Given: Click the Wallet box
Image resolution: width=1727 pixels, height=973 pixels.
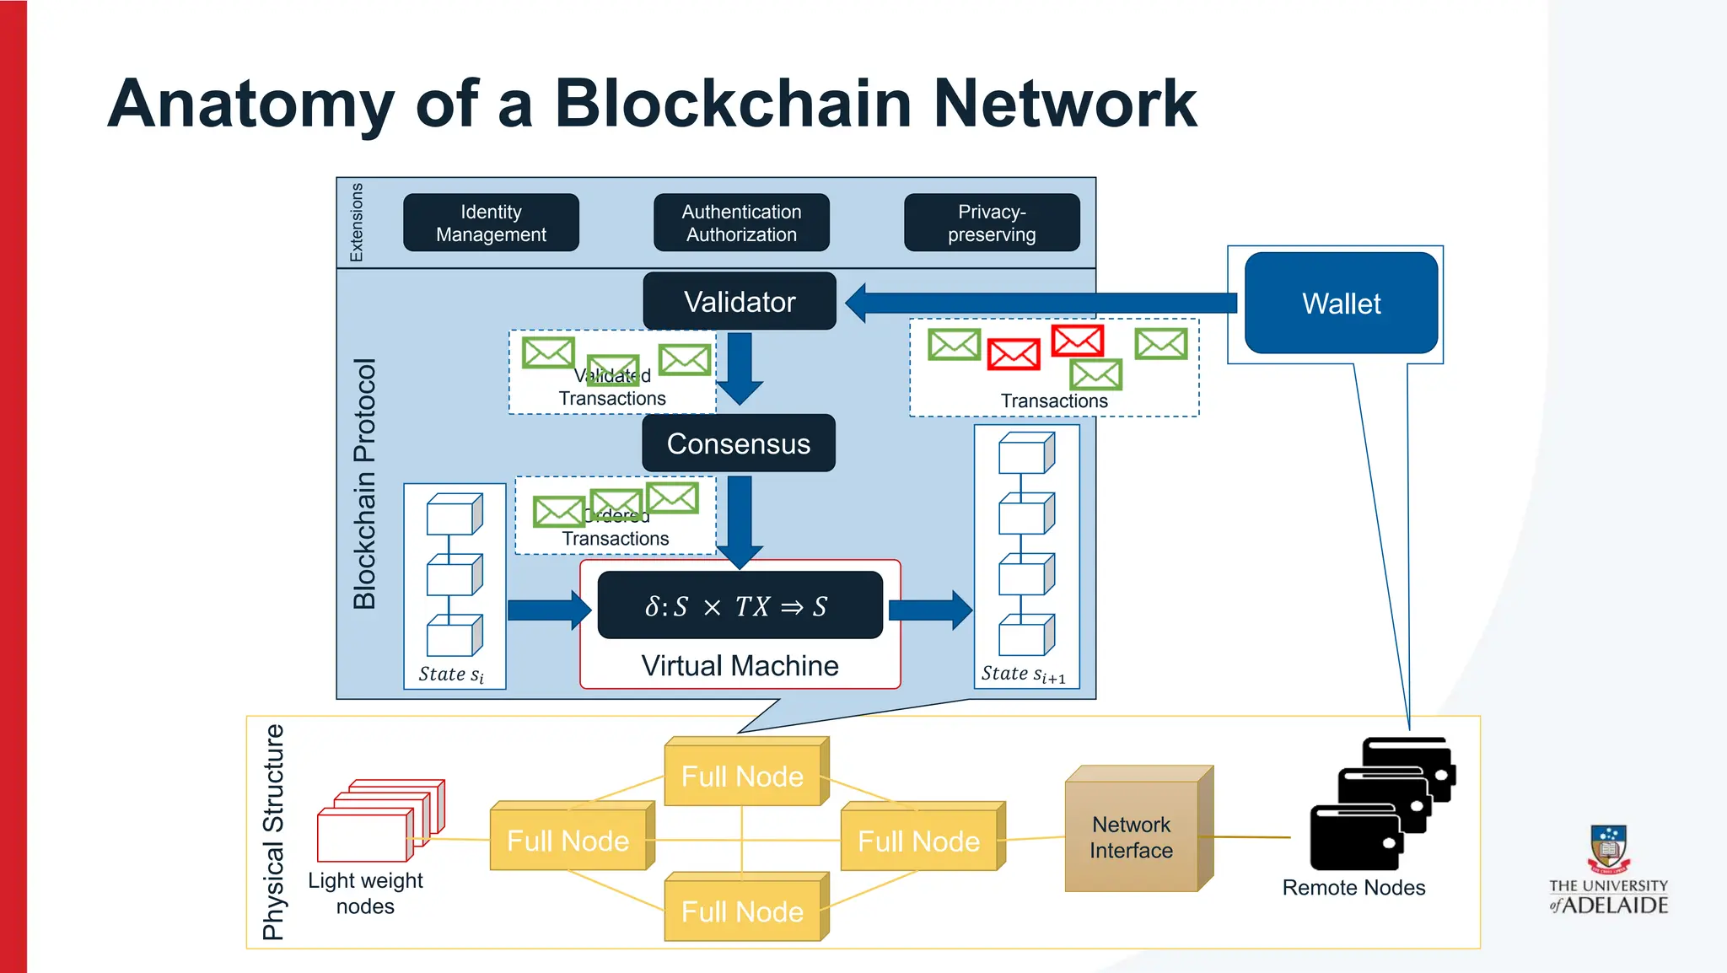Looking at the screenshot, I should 1341,304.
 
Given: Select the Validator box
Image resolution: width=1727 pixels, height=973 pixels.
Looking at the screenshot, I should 740,302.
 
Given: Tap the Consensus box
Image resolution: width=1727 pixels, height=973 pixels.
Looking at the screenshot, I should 739,443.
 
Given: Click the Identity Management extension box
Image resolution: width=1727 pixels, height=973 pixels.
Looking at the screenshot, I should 491,223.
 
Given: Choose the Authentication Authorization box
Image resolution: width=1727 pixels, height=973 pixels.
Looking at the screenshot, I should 741,223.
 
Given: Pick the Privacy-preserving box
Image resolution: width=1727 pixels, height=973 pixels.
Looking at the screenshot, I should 992,223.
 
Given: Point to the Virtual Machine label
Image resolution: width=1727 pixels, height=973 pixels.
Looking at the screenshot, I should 740,666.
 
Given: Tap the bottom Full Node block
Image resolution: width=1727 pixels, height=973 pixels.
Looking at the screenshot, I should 742,911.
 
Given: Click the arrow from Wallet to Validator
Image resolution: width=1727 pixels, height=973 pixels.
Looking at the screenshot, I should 1037,303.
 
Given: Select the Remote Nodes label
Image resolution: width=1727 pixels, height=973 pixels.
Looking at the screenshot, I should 1353,888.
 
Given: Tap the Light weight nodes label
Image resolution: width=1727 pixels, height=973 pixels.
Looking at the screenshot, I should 365,893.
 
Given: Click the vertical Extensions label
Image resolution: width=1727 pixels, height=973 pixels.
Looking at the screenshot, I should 356,223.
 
